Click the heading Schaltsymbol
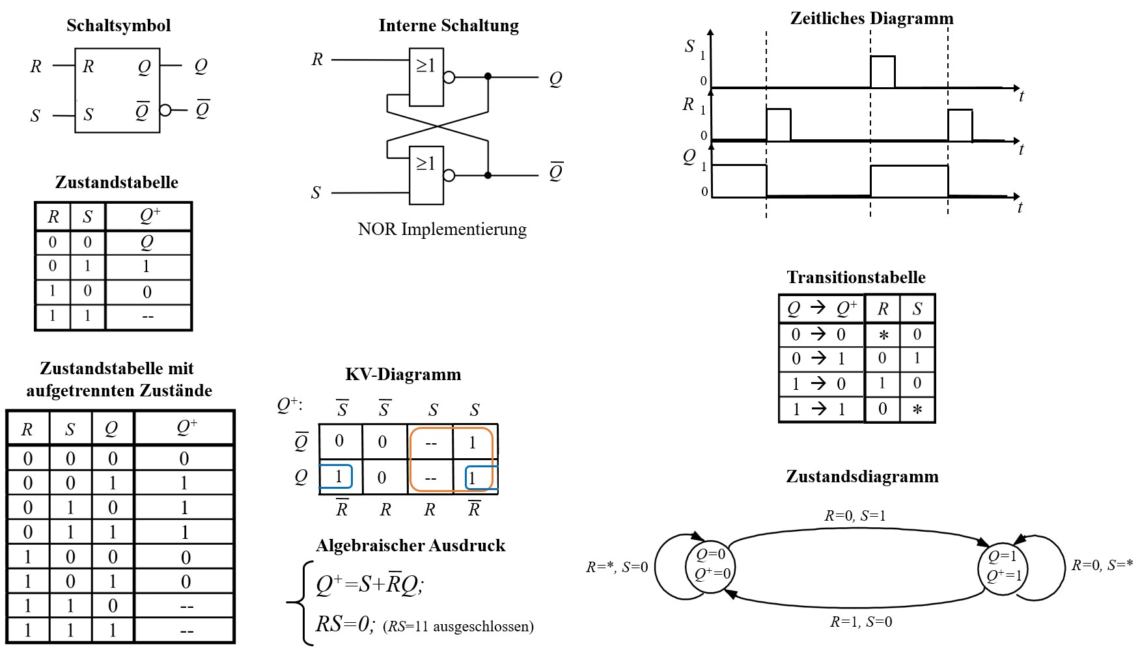pos(118,25)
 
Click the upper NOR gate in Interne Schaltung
pos(426,77)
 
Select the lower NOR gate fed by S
pos(426,174)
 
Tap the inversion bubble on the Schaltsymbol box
pos(165,110)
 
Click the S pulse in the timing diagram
pos(882,71)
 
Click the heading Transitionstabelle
pos(855,277)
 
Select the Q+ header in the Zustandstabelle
pos(149,216)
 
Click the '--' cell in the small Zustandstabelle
pos(148,317)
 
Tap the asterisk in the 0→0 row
pos(883,335)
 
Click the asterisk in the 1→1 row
pos(917,409)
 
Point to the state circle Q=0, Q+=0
pos(712,565)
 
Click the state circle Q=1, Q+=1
pos(1003,566)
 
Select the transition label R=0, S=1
pos(855,516)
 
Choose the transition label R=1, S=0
pos(861,622)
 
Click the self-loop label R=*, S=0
pos(617,568)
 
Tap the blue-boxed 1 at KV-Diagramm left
pos(337,476)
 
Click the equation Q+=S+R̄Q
pos(370,585)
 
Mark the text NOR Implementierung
pos(442,229)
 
